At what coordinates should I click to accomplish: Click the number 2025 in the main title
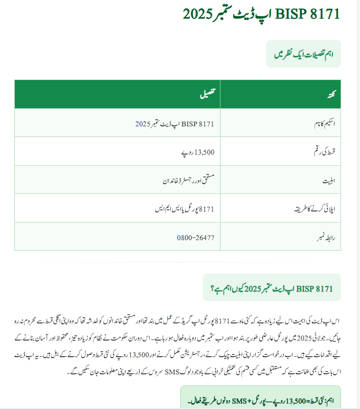198,14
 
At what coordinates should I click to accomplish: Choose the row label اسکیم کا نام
319,124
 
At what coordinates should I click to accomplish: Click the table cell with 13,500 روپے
196,151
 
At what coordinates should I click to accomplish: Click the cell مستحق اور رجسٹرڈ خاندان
188,179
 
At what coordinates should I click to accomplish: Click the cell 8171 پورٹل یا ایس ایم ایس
185,209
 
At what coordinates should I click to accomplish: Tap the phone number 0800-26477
195,237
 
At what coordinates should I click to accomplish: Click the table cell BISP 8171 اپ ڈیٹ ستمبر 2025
175,124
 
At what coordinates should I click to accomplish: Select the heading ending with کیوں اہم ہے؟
272,289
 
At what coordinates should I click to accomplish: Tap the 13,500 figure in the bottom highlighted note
296,399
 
